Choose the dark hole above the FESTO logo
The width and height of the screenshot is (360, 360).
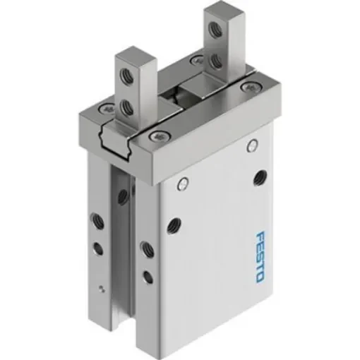pos(261,177)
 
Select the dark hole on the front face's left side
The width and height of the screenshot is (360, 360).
pos(172,226)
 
